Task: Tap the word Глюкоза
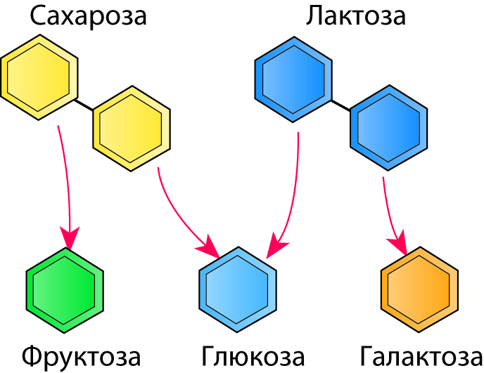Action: (x=253, y=356)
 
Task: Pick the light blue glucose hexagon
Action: (x=238, y=288)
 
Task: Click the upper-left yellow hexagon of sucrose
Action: (x=38, y=77)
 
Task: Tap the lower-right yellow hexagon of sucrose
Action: (x=132, y=127)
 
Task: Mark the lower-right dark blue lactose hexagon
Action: (x=388, y=127)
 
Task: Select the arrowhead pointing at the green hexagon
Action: (x=69, y=237)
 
